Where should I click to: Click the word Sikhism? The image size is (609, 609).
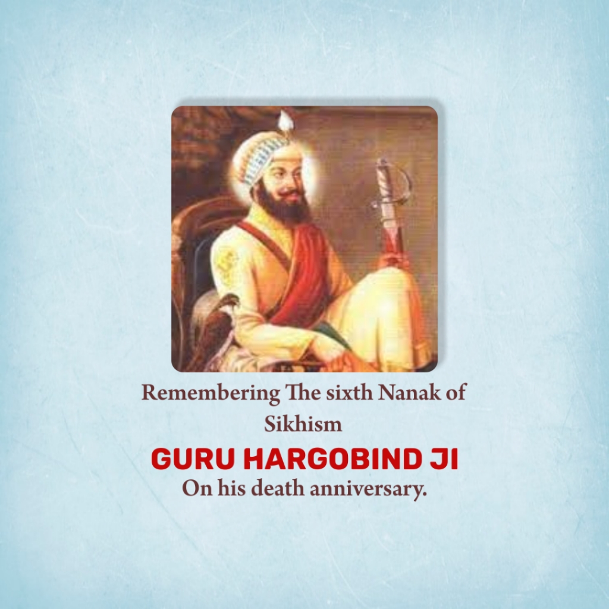[303, 425]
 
